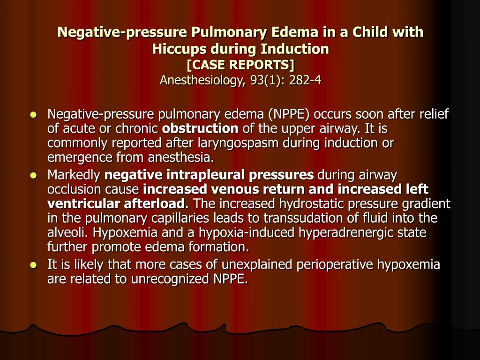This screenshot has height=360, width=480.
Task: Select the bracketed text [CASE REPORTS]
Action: (x=240, y=64)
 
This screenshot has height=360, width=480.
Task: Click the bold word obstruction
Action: (x=200, y=128)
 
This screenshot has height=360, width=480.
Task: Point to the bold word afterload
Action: (x=155, y=204)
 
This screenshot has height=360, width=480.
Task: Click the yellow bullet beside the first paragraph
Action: (x=33, y=114)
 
